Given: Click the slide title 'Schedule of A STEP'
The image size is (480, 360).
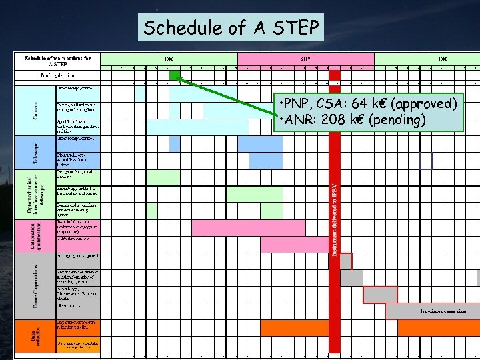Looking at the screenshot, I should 232,28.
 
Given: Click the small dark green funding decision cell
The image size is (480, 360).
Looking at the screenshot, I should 175,75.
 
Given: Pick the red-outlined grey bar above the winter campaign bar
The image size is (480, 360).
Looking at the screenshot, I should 380,295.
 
